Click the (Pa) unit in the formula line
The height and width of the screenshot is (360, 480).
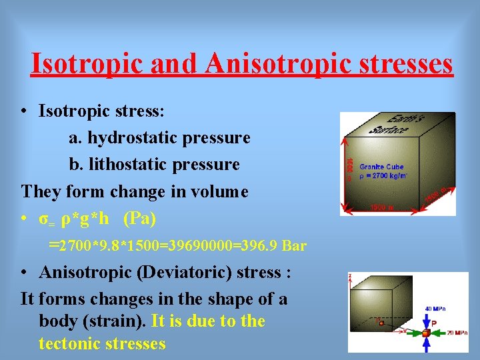point(140,219)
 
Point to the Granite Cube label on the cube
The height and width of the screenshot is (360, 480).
point(382,167)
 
